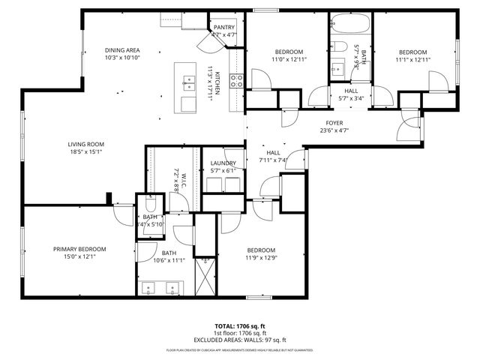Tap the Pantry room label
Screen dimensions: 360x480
click(x=224, y=27)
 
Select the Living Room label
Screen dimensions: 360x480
click(x=85, y=144)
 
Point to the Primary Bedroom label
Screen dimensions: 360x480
click(x=79, y=249)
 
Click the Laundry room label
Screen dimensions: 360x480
click(x=223, y=163)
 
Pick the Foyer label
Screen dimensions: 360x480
click(x=334, y=123)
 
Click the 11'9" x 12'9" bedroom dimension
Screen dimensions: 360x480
click(x=261, y=258)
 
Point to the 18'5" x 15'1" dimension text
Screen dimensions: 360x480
click(x=85, y=152)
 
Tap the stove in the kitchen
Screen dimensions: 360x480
click(x=235, y=81)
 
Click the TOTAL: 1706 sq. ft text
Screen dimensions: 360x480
click(x=239, y=326)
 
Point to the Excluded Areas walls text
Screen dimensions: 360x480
click(x=239, y=340)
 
